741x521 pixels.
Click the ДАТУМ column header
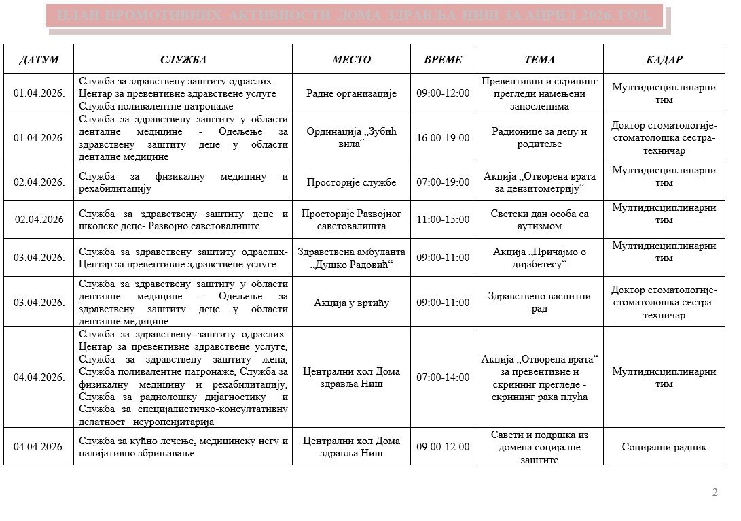click(39, 59)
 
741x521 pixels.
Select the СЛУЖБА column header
click(183, 59)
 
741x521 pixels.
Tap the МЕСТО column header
click(351, 59)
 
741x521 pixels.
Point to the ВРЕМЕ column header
click(443, 59)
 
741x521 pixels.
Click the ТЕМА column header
click(539, 59)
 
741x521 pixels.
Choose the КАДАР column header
click(664, 59)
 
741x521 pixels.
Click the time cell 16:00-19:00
click(443, 137)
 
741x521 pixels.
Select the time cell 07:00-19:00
click(443, 182)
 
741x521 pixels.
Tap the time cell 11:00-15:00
click(443, 220)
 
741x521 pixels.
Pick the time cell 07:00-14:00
click(443, 377)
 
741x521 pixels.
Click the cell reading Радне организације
click(351, 93)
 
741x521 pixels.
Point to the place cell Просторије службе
click(351, 182)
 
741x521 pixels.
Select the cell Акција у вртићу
click(351, 302)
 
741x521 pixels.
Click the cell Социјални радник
click(664, 447)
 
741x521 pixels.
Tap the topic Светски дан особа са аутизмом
click(539, 220)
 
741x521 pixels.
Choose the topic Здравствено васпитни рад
click(539, 302)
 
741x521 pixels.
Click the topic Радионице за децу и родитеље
click(539, 137)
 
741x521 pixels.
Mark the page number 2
click(715, 492)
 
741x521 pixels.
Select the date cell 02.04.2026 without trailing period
click(39, 220)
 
